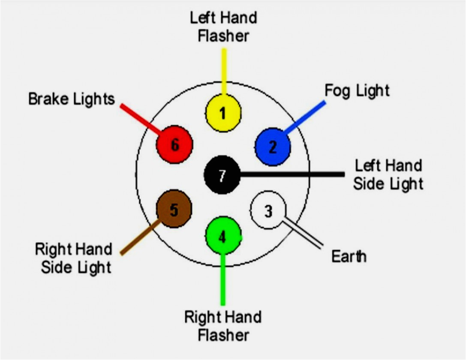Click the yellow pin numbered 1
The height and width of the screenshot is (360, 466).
tap(223, 113)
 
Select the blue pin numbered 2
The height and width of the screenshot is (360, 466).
tap(273, 147)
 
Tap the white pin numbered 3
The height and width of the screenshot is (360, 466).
tap(268, 210)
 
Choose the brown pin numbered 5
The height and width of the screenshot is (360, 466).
tap(174, 210)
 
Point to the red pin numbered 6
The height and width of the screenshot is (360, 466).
tap(174, 145)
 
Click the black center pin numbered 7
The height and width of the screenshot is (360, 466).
tap(222, 175)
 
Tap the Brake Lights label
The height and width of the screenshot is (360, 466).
tap(72, 99)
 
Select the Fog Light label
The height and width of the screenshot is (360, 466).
tap(357, 90)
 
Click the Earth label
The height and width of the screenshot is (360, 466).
tap(349, 256)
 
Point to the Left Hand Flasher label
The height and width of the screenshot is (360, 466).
tap(223, 27)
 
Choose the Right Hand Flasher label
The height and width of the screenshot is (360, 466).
tap(223, 326)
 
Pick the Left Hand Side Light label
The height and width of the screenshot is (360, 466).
tap(388, 174)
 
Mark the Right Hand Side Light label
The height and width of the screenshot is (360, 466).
tap(73, 258)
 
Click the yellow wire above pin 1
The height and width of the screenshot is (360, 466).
tap(224, 71)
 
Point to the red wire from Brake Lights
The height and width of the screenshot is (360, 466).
tap(139, 118)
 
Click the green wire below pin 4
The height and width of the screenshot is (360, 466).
tap(222, 279)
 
